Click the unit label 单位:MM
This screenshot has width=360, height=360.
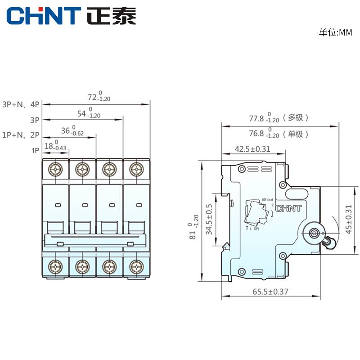[335, 32]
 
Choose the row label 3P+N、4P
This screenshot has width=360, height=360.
[21, 104]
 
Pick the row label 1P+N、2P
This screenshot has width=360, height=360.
[21, 135]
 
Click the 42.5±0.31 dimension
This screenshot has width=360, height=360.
[252, 149]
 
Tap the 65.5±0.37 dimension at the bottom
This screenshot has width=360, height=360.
[270, 292]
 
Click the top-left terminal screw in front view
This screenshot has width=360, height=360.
[56, 170]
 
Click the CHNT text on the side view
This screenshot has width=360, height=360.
[287, 209]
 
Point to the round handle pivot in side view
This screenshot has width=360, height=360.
[314, 232]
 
